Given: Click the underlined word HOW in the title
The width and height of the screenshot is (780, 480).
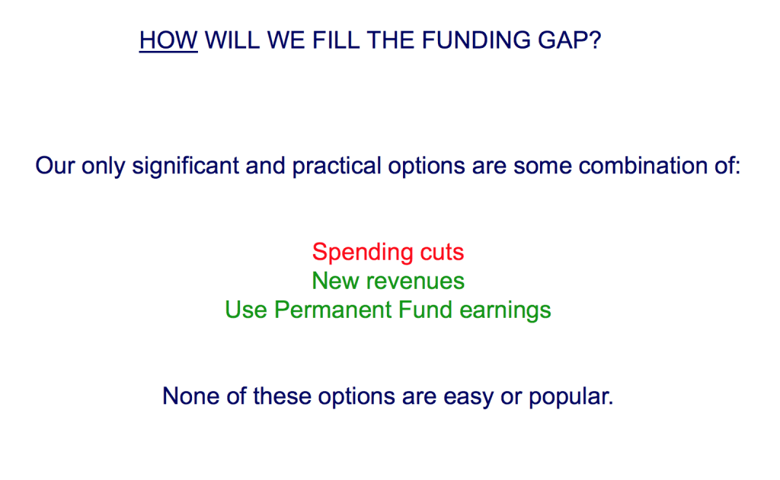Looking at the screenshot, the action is (168, 40).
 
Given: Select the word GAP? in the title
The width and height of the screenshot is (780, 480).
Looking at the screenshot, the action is (570, 40).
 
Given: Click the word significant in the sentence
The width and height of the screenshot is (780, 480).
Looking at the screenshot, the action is (186, 166).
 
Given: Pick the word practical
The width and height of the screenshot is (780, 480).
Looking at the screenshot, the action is (337, 166).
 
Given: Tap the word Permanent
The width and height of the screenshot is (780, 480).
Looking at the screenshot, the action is (333, 310).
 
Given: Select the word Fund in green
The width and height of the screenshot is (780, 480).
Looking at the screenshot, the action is (425, 310).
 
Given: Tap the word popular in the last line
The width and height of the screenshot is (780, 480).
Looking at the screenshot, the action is (571, 397).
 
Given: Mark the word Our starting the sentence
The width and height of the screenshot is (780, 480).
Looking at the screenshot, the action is (55, 166).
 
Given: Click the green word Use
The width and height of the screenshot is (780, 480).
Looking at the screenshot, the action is (246, 310).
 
